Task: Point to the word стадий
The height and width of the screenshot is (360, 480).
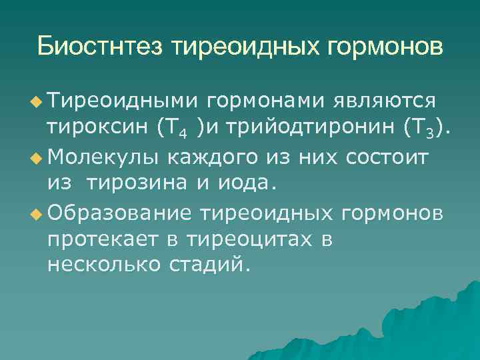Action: pyautogui.click(x=212, y=266)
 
